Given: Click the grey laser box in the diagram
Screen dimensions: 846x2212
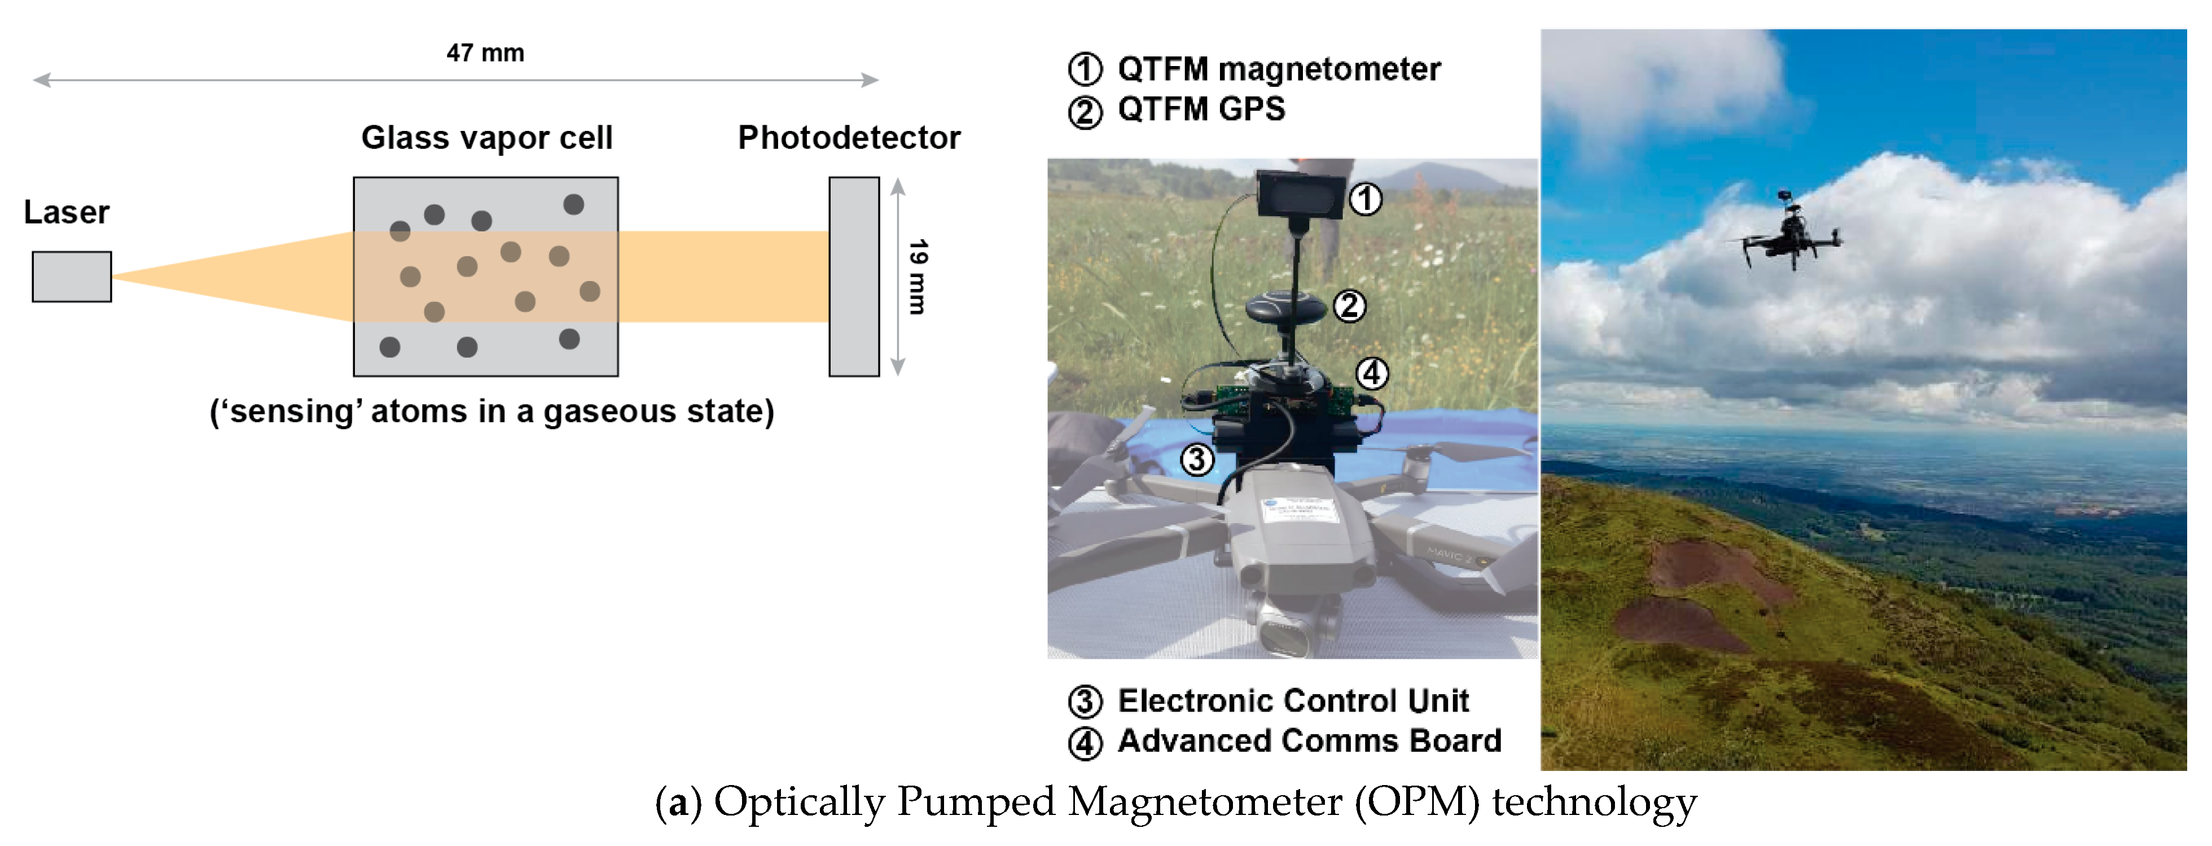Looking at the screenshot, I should click(x=71, y=277).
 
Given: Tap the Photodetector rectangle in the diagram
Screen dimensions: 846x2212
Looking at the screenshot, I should click(x=854, y=277).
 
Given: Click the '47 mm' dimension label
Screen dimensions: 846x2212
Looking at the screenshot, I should click(x=485, y=53).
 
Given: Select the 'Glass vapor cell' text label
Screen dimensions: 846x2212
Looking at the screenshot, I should click(x=487, y=137).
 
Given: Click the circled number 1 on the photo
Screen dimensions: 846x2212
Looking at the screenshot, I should click(x=1366, y=199).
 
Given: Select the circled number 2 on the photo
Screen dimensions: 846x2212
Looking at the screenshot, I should click(x=1349, y=305).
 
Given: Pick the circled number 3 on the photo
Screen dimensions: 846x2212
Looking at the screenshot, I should click(x=1197, y=459).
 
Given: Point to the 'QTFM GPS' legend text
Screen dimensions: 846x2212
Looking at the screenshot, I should click(x=1200, y=109).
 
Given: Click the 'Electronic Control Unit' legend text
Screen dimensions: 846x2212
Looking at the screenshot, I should click(x=1292, y=701).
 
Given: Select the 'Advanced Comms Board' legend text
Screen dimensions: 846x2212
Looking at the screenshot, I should click(x=1309, y=740).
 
